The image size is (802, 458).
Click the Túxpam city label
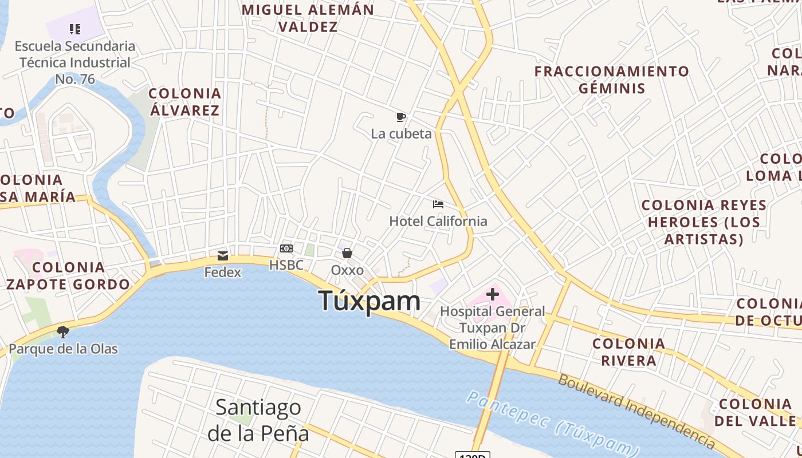pos(369,301)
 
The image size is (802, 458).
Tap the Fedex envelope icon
pos(223,256)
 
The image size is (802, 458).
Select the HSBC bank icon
pos(286,248)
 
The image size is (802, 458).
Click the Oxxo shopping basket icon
pos(347,253)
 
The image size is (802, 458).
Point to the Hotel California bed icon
pos(438,204)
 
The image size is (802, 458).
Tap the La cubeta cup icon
pos(401,117)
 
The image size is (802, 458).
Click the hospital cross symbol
pos(493,295)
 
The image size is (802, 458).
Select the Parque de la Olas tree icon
pos(63,332)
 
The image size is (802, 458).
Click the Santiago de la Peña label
pos(258,420)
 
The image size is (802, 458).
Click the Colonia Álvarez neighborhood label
pos(185,101)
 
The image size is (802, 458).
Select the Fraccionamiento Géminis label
pos(612,80)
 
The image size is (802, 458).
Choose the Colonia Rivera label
pos(629,352)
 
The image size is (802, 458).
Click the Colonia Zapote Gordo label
pos(68,275)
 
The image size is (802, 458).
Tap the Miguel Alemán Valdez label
pos(308,18)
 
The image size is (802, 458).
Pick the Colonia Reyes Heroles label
pos(704,222)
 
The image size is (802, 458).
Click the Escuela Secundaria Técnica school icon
pos(75,29)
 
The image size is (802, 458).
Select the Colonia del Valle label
pos(755,412)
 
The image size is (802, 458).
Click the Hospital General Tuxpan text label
pos(492,327)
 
